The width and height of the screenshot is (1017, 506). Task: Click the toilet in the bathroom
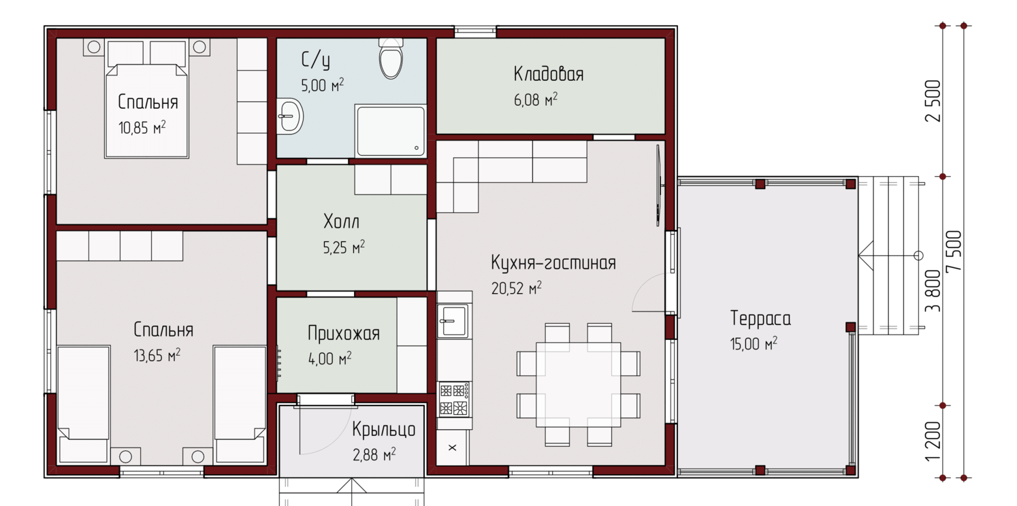391,59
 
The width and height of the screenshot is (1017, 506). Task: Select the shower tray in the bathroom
391,131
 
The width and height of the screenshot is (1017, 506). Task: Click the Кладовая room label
549,74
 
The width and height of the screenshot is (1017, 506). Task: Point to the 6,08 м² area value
536,100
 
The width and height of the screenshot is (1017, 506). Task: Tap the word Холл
342,222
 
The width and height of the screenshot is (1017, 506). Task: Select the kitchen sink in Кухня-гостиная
453,321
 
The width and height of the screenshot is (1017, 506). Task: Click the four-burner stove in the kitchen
454,399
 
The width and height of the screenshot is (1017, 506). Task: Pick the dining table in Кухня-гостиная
578,384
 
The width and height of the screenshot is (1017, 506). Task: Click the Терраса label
760,319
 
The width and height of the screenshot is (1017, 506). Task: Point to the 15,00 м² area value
754,343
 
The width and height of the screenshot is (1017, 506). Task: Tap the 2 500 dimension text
933,101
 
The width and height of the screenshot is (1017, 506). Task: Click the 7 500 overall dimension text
954,252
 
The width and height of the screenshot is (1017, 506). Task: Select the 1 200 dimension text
933,441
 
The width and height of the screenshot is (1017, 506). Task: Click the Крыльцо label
384,429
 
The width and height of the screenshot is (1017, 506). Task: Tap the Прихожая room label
344,334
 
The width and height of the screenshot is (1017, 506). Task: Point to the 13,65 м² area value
157,356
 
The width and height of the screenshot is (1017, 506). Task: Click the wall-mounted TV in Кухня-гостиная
659,186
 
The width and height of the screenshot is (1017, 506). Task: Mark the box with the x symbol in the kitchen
453,448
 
